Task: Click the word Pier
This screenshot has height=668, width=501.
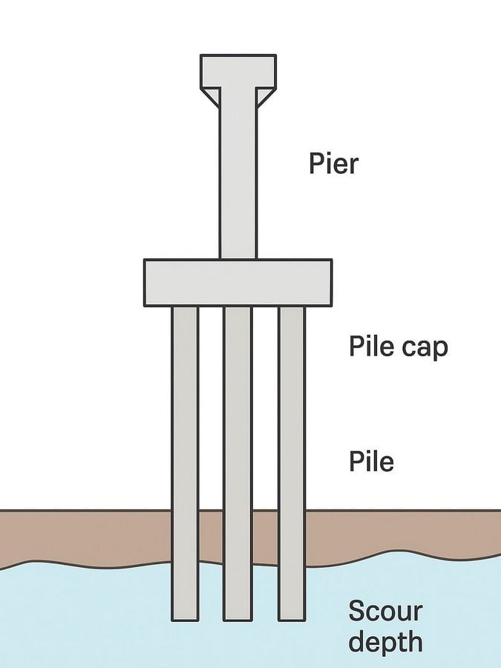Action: point(333,163)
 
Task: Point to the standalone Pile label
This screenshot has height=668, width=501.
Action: point(371,461)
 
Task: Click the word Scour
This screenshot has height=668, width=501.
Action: point(385,611)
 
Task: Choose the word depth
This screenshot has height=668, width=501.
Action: point(385,643)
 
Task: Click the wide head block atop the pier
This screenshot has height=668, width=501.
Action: point(238,71)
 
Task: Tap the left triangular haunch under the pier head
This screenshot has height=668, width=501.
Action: point(212,95)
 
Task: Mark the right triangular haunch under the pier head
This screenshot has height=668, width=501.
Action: point(265,95)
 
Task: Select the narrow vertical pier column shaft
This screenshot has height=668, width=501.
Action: point(238,172)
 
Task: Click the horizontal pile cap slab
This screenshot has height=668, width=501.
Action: point(238,283)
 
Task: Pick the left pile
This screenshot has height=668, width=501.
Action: point(185,463)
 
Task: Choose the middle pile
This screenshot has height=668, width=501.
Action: point(238,463)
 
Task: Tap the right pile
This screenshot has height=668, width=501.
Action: point(292,463)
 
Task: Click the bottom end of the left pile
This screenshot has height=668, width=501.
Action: point(185,620)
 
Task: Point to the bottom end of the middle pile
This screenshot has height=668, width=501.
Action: point(238,620)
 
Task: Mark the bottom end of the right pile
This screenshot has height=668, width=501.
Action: point(292,620)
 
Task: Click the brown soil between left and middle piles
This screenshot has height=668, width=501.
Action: point(212,536)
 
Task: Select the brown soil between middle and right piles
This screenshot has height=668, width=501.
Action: point(265,537)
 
